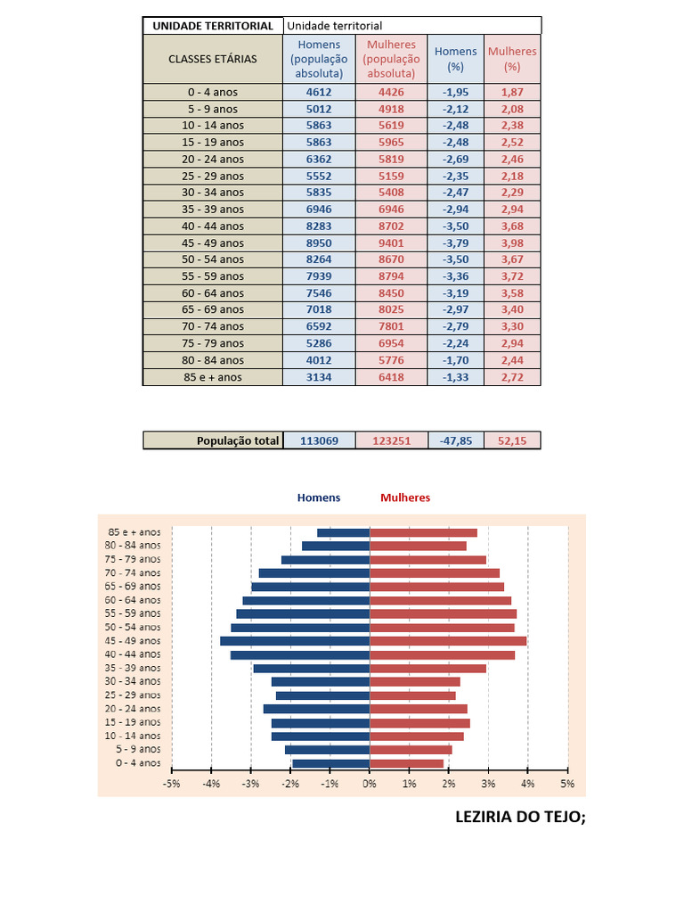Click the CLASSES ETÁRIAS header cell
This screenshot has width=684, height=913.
[x=213, y=59]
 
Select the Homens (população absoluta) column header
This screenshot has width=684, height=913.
[x=319, y=59]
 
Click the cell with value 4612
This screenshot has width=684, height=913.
[x=319, y=92]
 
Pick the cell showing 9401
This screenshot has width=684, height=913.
[x=391, y=243]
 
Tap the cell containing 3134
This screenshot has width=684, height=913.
[x=319, y=377]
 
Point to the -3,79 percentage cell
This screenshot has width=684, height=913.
[x=455, y=243]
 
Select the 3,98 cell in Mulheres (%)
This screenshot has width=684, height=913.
[x=512, y=243]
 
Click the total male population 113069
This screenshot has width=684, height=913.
[x=319, y=440]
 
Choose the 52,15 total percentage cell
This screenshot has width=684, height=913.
[x=512, y=440]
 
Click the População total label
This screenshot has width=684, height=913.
[x=237, y=440]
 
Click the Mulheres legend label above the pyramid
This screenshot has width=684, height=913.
[x=405, y=498]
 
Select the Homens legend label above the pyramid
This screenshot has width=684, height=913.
[x=319, y=498]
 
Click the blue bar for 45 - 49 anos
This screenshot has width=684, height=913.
[x=295, y=641]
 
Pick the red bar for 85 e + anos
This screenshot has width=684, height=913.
[x=423, y=532]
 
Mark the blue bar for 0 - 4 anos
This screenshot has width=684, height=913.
[x=331, y=763]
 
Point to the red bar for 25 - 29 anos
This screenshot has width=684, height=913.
[x=412, y=695]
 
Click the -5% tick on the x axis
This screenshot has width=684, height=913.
[x=172, y=784]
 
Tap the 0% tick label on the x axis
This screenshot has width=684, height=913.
[x=370, y=784]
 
